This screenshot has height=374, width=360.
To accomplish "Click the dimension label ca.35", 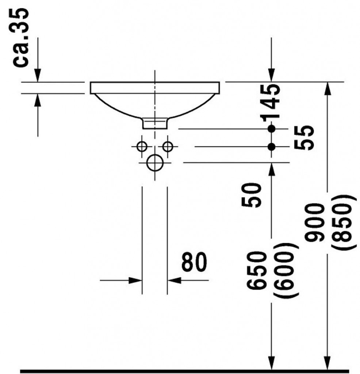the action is pos(20,38).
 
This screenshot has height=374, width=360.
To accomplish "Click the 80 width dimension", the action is pos(194,262).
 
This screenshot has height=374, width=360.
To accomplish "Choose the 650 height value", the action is pos(256,271).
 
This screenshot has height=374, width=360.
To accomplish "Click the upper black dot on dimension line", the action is pos(271,129).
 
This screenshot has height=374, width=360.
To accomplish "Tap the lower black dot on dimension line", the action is pos(271,147).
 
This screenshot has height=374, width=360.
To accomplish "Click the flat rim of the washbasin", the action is pos(155,88).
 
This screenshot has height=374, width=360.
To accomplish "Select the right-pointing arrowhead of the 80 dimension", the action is pos(135,280).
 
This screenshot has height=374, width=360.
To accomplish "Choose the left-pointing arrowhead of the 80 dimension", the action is pos(174,280).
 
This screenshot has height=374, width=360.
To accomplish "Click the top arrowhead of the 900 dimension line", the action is pos(328,89).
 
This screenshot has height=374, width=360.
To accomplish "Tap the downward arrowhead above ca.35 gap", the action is pos(38,75).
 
